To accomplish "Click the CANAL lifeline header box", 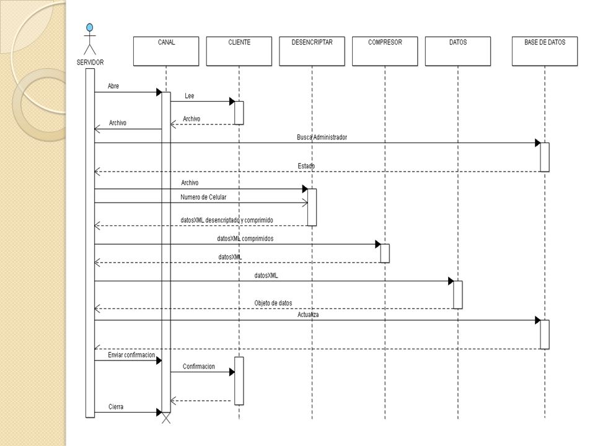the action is [166, 51].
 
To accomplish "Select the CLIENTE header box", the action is [239, 51].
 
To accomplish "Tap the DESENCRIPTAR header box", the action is [312, 51].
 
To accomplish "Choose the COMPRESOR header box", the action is [385, 51].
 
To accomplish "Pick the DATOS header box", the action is [457, 51].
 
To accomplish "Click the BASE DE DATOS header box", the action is [545, 51].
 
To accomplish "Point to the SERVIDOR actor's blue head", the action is [89, 27].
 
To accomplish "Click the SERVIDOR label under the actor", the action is [90, 62].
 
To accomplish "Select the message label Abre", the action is [113, 86].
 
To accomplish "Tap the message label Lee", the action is [190, 96].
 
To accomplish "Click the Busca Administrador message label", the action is [322, 138].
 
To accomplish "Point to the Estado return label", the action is [306, 166].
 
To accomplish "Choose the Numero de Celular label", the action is [203, 197].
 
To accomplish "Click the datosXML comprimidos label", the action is [245, 238].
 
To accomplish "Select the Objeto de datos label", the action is [273, 303].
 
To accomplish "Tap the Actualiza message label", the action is [308, 315].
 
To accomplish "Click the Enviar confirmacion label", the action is [131, 355].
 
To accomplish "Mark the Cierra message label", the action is [116, 406].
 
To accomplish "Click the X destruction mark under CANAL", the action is [166, 418].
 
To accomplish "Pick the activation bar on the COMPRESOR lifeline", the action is [385, 253].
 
